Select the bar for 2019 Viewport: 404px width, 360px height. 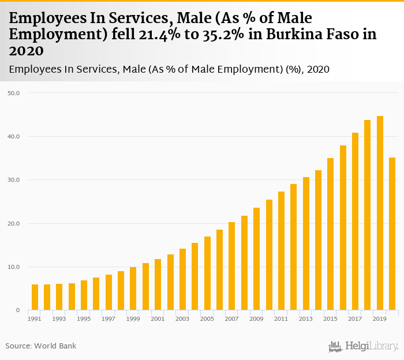point(380,213)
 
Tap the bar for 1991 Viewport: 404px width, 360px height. point(35,297)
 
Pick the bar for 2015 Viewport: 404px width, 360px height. point(330,234)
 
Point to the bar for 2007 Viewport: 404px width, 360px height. point(231,266)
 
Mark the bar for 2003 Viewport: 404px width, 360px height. point(182,279)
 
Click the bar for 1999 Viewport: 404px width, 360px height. point(133,288)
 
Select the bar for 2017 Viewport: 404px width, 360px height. point(355,222)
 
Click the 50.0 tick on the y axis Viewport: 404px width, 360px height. point(13,93)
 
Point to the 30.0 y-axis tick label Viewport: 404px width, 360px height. point(13,180)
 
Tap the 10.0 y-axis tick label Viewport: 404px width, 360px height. point(13,267)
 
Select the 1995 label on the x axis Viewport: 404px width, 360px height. point(84,318)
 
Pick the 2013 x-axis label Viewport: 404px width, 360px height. point(306,318)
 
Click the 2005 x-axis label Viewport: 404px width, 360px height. point(207,318)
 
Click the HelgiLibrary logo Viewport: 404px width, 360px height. point(363,346)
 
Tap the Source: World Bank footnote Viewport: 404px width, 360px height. point(41,346)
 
